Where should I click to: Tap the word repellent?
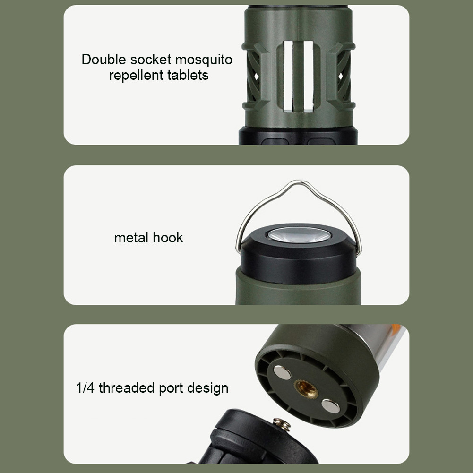(138, 75)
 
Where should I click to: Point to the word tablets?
(189, 75)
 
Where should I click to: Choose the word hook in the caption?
(168, 238)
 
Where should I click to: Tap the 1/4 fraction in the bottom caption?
(85, 388)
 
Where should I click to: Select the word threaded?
(124, 388)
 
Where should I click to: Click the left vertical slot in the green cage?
(288, 76)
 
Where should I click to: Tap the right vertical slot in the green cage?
(309, 76)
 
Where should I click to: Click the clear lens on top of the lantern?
(298, 235)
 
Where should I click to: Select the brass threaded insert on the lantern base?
(306, 389)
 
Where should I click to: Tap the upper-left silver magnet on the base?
(282, 373)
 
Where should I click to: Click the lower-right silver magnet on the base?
(330, 406)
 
